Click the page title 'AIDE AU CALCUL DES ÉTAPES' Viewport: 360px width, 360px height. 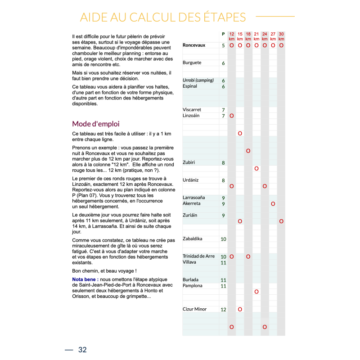pyautogui.click(x=163, y=17)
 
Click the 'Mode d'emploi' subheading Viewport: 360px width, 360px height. pyautogui.click(x=96, y=124)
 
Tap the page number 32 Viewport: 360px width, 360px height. pyautogui.click(x=82, y=350)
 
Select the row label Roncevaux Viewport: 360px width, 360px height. pyautogui.click(x=194, y=45)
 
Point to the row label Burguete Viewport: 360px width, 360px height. pyautogui.click(x=192, y=63)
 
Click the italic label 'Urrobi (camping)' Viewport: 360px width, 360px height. pyautogui.click(x=198, y=81)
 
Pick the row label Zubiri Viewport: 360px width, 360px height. pyautogui.click(x=189, y=162)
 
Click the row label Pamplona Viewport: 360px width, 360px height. pyautogui.click(x=193, y=286)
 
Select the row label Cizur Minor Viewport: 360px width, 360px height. pyautogui.click(x=195, y=309)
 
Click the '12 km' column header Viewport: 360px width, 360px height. pyautogui.click(x=232, y=36)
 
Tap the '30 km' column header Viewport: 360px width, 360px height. pyautogui.click(x=281, y=36)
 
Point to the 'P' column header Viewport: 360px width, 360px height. pyautogui.click(x=223, y=34)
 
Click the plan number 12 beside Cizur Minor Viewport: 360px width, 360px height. pyautogui.click(x=223, y=310)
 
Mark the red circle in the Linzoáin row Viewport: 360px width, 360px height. pyautogui.click(x=232, y=116)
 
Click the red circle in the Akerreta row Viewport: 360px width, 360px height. pyautogui.click(x=273, y=204)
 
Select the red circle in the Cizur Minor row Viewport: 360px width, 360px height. pyautogui.click(x=240, y=309)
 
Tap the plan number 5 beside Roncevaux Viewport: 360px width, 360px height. pyautogui.click(x=223, y=45)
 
